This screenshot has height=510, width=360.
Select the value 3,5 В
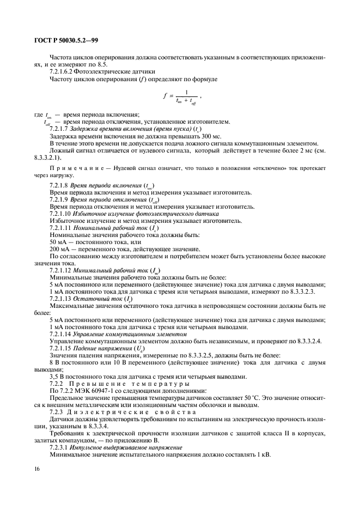click(57, 377)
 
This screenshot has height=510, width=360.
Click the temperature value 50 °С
click(230, 397)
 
